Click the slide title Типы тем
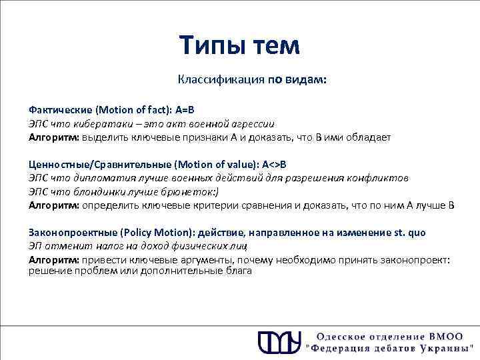[x=240, y=45]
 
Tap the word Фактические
[x=60, y=109]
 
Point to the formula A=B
[x=187, y=109]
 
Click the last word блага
[x=238, y=271]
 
